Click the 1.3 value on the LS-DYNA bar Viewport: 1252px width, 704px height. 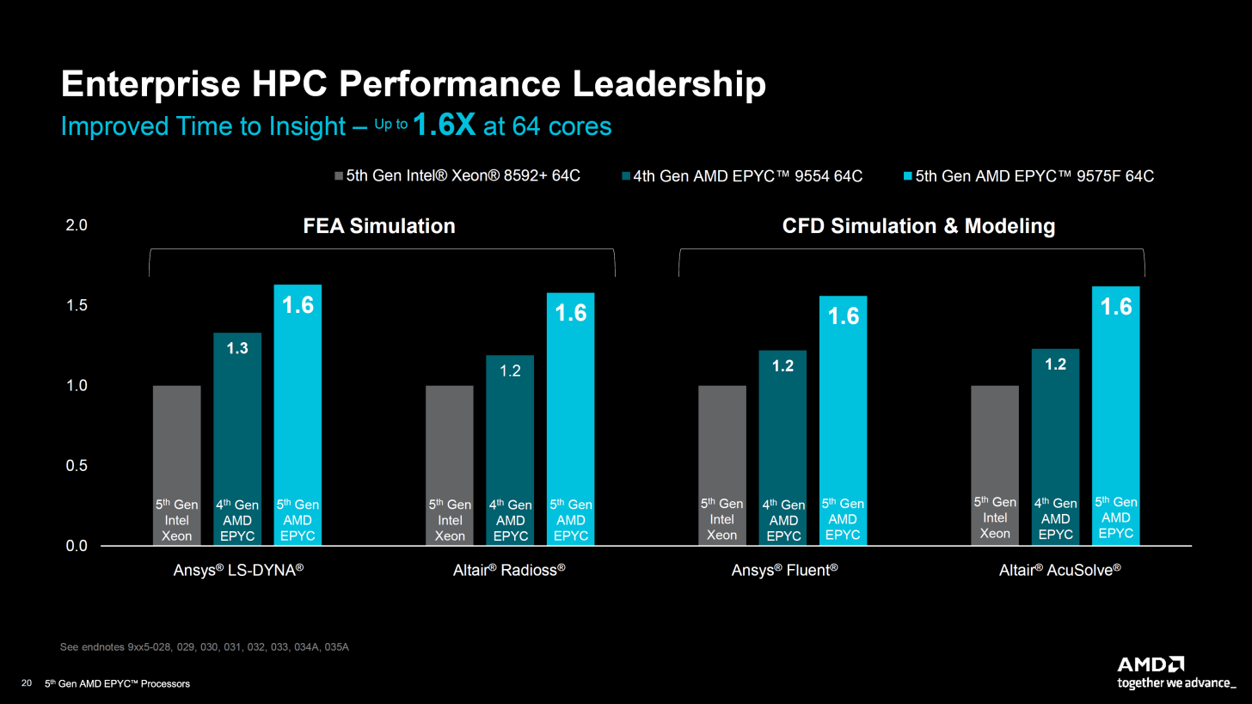click(x=236, y=348)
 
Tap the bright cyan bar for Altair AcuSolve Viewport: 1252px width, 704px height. click(x=1115, y=413)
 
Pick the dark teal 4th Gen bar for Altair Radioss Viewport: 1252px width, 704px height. click(x=510, y=430)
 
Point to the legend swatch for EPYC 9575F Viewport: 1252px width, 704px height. click(x=908, y=176)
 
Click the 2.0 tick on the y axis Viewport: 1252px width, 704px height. click(x=77, y=226)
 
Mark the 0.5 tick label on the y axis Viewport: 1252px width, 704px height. click(x=77, y=466)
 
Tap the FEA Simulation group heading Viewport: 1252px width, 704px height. click(x=379, y=226)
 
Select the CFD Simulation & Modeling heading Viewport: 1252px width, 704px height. click(x=918, y=226)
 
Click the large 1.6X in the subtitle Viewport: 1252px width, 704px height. click(x=445, y=125)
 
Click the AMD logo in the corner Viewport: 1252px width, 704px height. click(x=1151, y=664)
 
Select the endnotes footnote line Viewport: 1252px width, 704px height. click(x=204, y=647)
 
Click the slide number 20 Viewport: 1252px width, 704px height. click(x=26, y=683)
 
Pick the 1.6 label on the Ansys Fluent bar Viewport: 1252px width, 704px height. click(x=844, y=316)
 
